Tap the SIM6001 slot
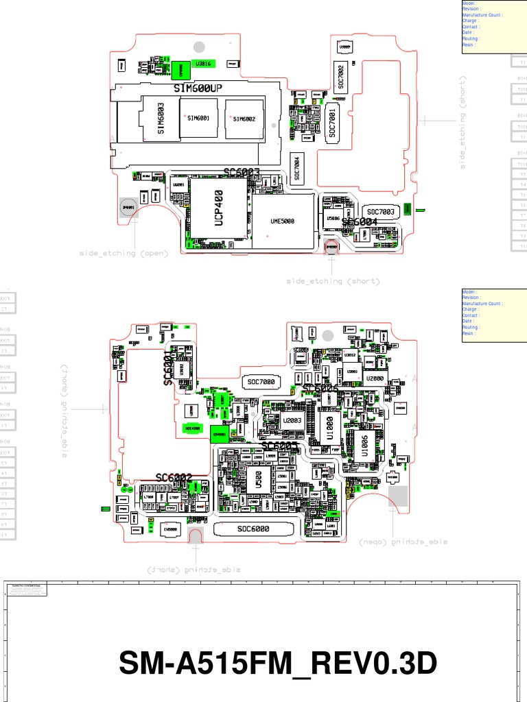point(198,118)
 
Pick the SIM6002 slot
point(244,119)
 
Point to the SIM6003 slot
point(161,118)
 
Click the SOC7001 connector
point(332,123)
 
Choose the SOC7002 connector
point(340,77)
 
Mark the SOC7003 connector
point(380,211)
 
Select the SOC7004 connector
point(297,169)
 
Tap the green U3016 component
point(204,64)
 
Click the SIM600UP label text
point(198,89)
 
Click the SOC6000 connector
point(253,529)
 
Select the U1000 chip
point(329,426)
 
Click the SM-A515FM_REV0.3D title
point(278,663)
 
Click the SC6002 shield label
point(174,477)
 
